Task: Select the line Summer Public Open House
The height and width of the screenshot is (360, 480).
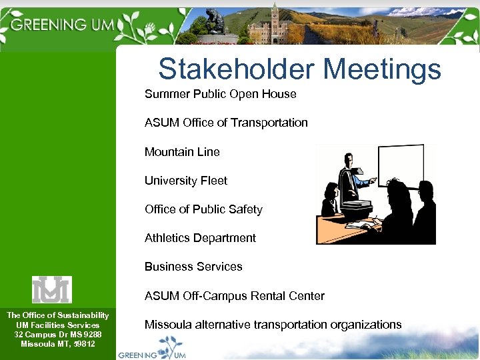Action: click(220, 94)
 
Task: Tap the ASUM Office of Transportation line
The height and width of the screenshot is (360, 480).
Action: click(226, 123)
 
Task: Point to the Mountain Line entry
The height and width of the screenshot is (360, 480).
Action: click(182, 152)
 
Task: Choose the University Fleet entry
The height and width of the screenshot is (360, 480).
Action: click(186, 181)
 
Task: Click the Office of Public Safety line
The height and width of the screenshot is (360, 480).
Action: click(203, 209)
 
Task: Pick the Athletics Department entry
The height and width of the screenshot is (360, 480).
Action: click(200, 238)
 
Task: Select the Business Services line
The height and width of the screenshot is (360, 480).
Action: click(193, 267)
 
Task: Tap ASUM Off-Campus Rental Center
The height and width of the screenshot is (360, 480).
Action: click(235, 296)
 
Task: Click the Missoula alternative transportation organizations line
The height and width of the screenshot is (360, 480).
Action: click(273, 325)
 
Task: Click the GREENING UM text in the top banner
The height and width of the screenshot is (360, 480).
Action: click(64, 25)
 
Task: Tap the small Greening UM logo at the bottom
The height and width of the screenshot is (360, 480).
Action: click(152, 351)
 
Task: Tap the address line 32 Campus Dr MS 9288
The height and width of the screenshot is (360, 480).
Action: click(58, 334)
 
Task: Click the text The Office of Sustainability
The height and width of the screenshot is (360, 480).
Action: click(58, 315)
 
